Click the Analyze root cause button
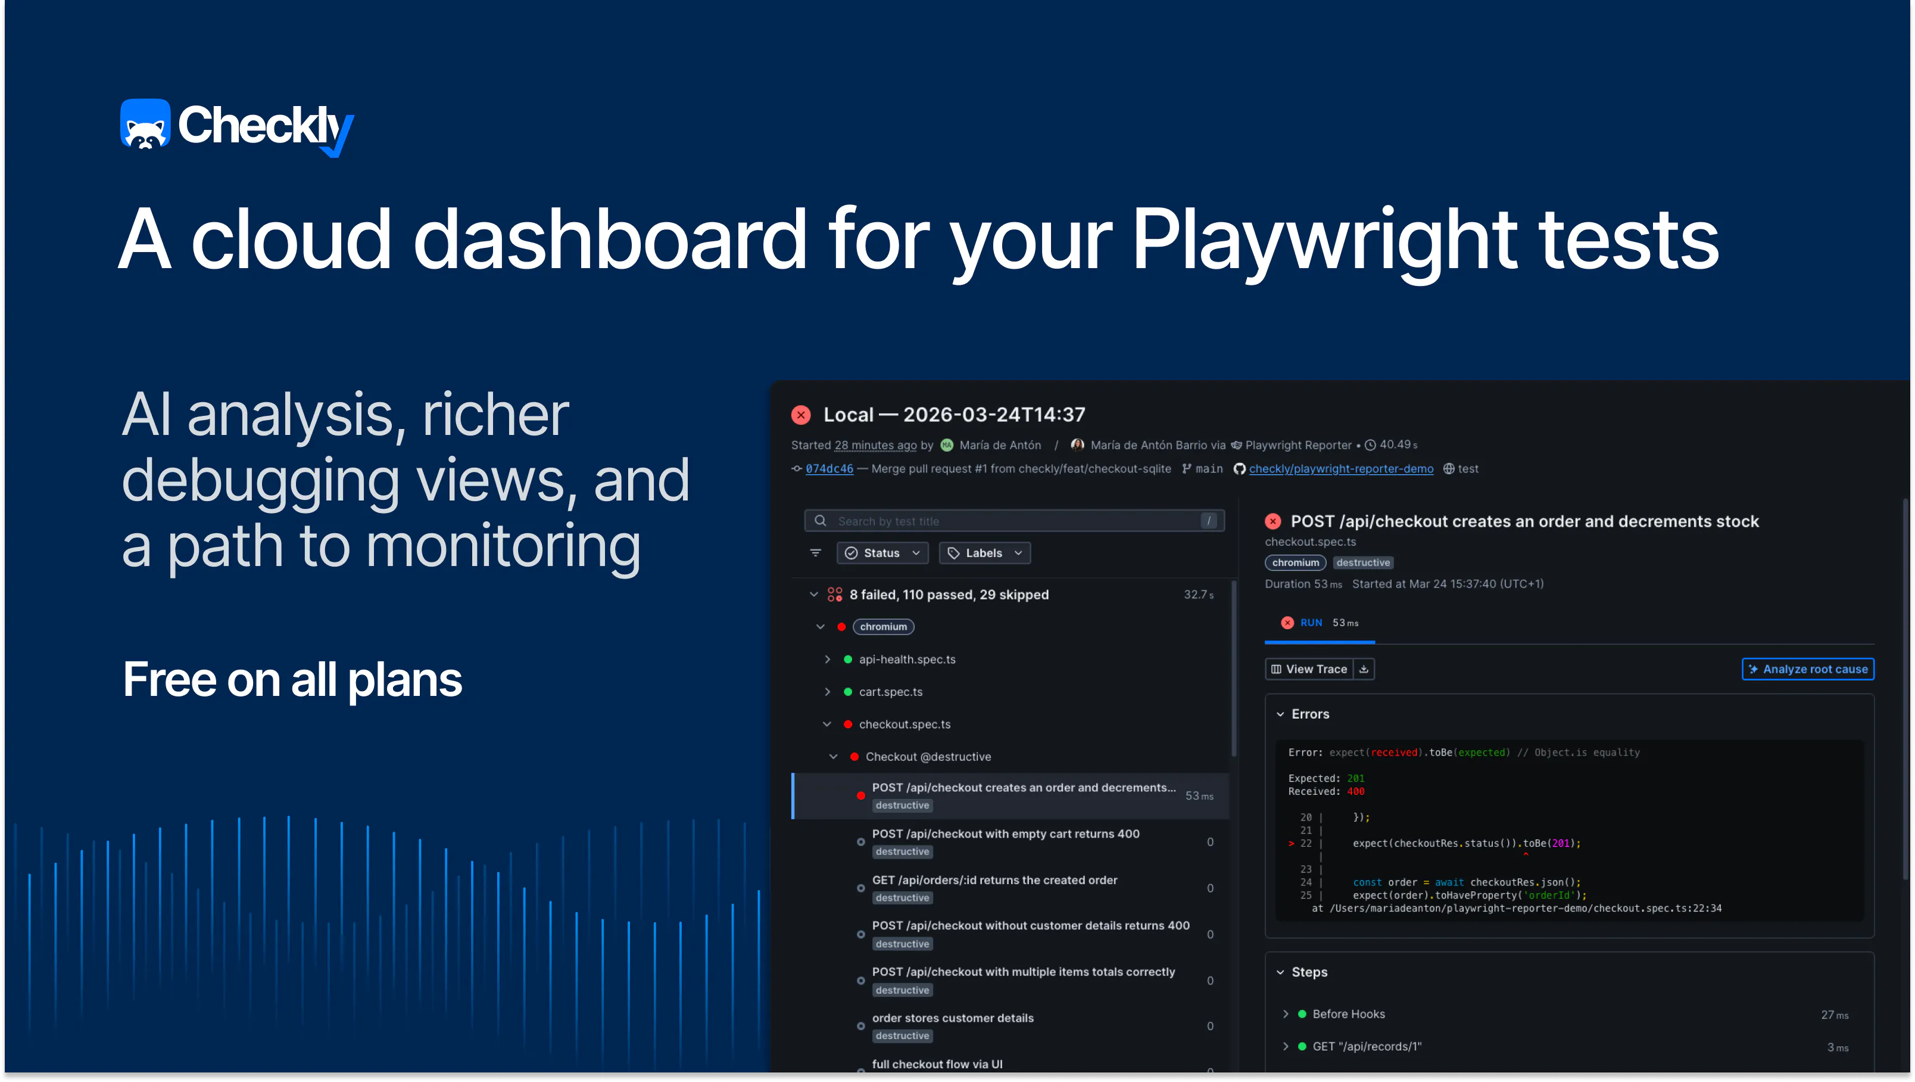[x=1807, y=669]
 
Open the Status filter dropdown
[x=882, y=552]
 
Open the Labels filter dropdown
[x=984, y=552]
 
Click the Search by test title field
[x=1014, y=521]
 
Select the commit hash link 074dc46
[x=829, y=468]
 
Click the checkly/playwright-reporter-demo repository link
[x=1340, y=468]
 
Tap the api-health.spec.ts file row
[x=907, y=659]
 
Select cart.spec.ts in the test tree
[x=891, y=692]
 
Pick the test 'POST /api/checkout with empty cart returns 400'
[x=1005, y=834]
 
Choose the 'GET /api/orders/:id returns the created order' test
[x=994, y=880]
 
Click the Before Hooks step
[x=1349, y=1013]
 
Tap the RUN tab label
[x=1311, y=623]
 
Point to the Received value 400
[x=1355, y=791]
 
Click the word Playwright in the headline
[x=1324, y=240]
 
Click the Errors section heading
[x=1310, y=714]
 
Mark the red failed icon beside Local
[x=801, y=414]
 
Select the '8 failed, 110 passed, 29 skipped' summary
[x=949, y=594]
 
